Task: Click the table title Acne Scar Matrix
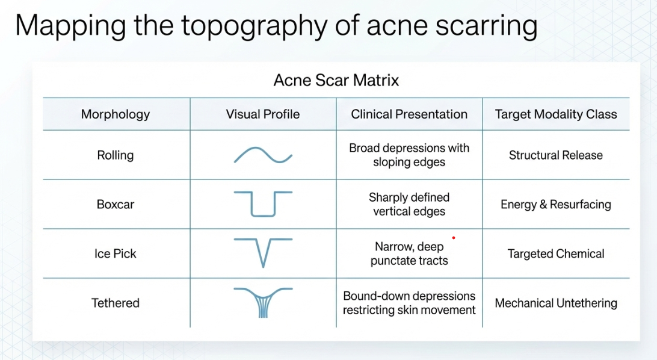[x=336, y=80]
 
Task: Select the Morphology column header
[x=116, y=114]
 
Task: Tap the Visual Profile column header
[x=263, y=114]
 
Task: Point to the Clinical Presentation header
[x=409, y=114]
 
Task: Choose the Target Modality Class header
[x=556, y=114]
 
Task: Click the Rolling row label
[x=116, y=155]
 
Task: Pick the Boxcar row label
[x=116, y=205]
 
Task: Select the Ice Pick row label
[x=116, y=253]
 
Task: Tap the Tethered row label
[x=116, y=303]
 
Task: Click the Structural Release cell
[x=555, y=155]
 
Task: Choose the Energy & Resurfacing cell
[x=555, y=205]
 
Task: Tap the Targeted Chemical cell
[x=555, y=253]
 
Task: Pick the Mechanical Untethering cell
[x=555, y=303]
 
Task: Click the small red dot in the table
[x=454, y=238]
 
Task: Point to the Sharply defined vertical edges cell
[x=409, y=204]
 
